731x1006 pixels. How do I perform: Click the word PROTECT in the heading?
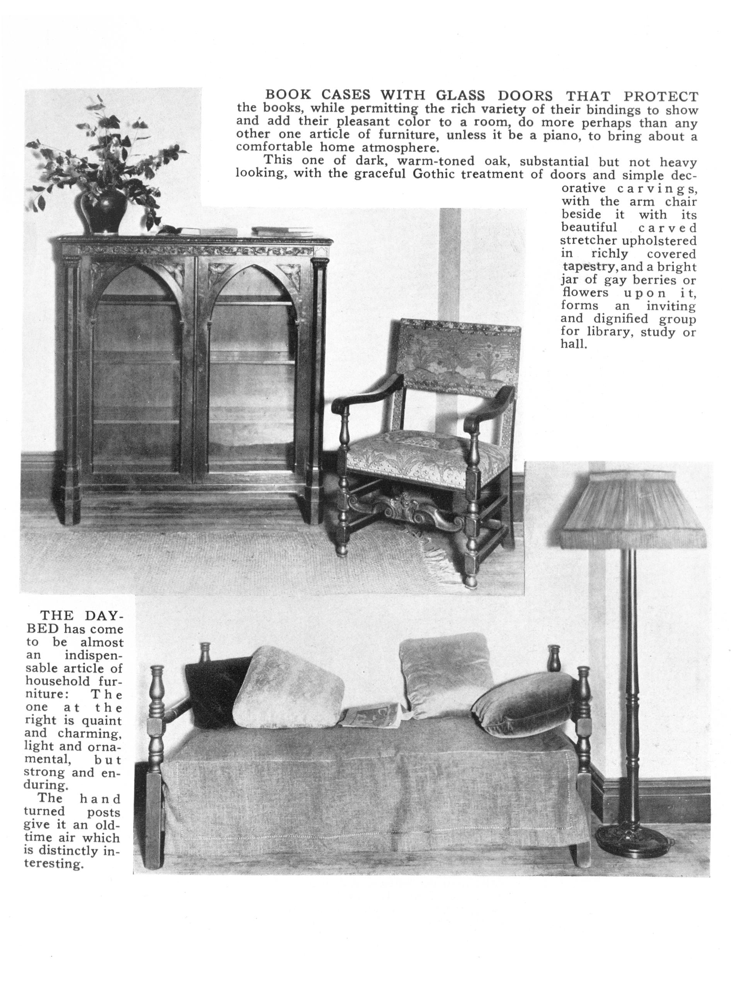click(x=661, y=96)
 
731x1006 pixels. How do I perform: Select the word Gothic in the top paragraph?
click(x=435, y=174)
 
